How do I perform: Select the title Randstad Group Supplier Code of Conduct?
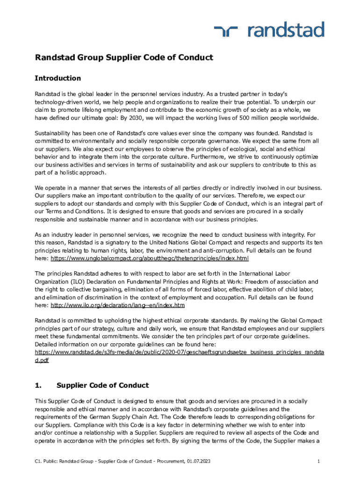point(124,58)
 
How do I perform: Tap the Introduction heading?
point(58,78)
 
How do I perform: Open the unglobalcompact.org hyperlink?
point(150,258)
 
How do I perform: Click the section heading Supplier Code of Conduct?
point(102,385)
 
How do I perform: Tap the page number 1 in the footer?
point(318,462)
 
